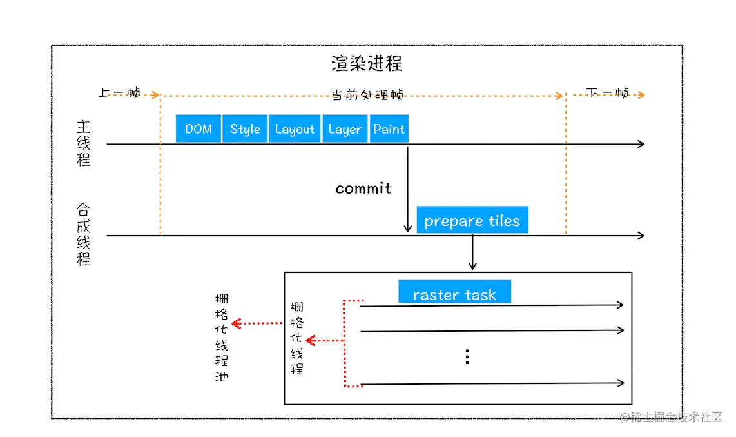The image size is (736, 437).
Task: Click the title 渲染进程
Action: tap(367, 63)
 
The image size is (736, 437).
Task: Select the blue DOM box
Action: tap(199, 128)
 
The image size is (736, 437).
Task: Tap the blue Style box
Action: tap(245, 128)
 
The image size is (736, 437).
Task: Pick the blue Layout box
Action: tap(295, 128)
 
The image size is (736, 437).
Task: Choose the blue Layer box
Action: tap(345, 128)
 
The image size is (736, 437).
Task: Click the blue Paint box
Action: tap(389, 128)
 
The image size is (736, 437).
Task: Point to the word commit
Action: tap(363, 188)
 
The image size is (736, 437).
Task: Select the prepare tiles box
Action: tap(472, 220)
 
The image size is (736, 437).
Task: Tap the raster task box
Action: tap(454, 294)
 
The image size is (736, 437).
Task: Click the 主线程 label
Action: tap(84, 143)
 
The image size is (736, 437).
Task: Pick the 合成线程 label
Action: tap(84, 234)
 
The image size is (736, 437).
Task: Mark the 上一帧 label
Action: tap(119, 93)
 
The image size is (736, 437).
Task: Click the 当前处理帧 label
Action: tap(367, 95)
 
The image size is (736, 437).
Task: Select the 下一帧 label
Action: tap(608, 93)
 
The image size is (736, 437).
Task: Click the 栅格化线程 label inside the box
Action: tap(296, 338)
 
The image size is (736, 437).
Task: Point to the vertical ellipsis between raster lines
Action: tap(467, 357)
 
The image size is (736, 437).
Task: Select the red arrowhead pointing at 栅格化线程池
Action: tap(237, 323)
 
